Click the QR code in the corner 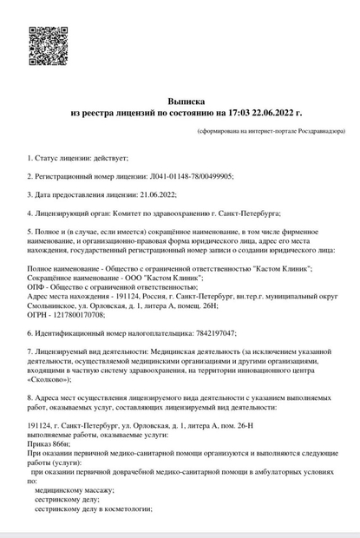tap(49, 45)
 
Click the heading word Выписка tap(187, 102)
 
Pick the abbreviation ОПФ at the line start tap(36, 285)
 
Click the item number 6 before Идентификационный tap(29, 331)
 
